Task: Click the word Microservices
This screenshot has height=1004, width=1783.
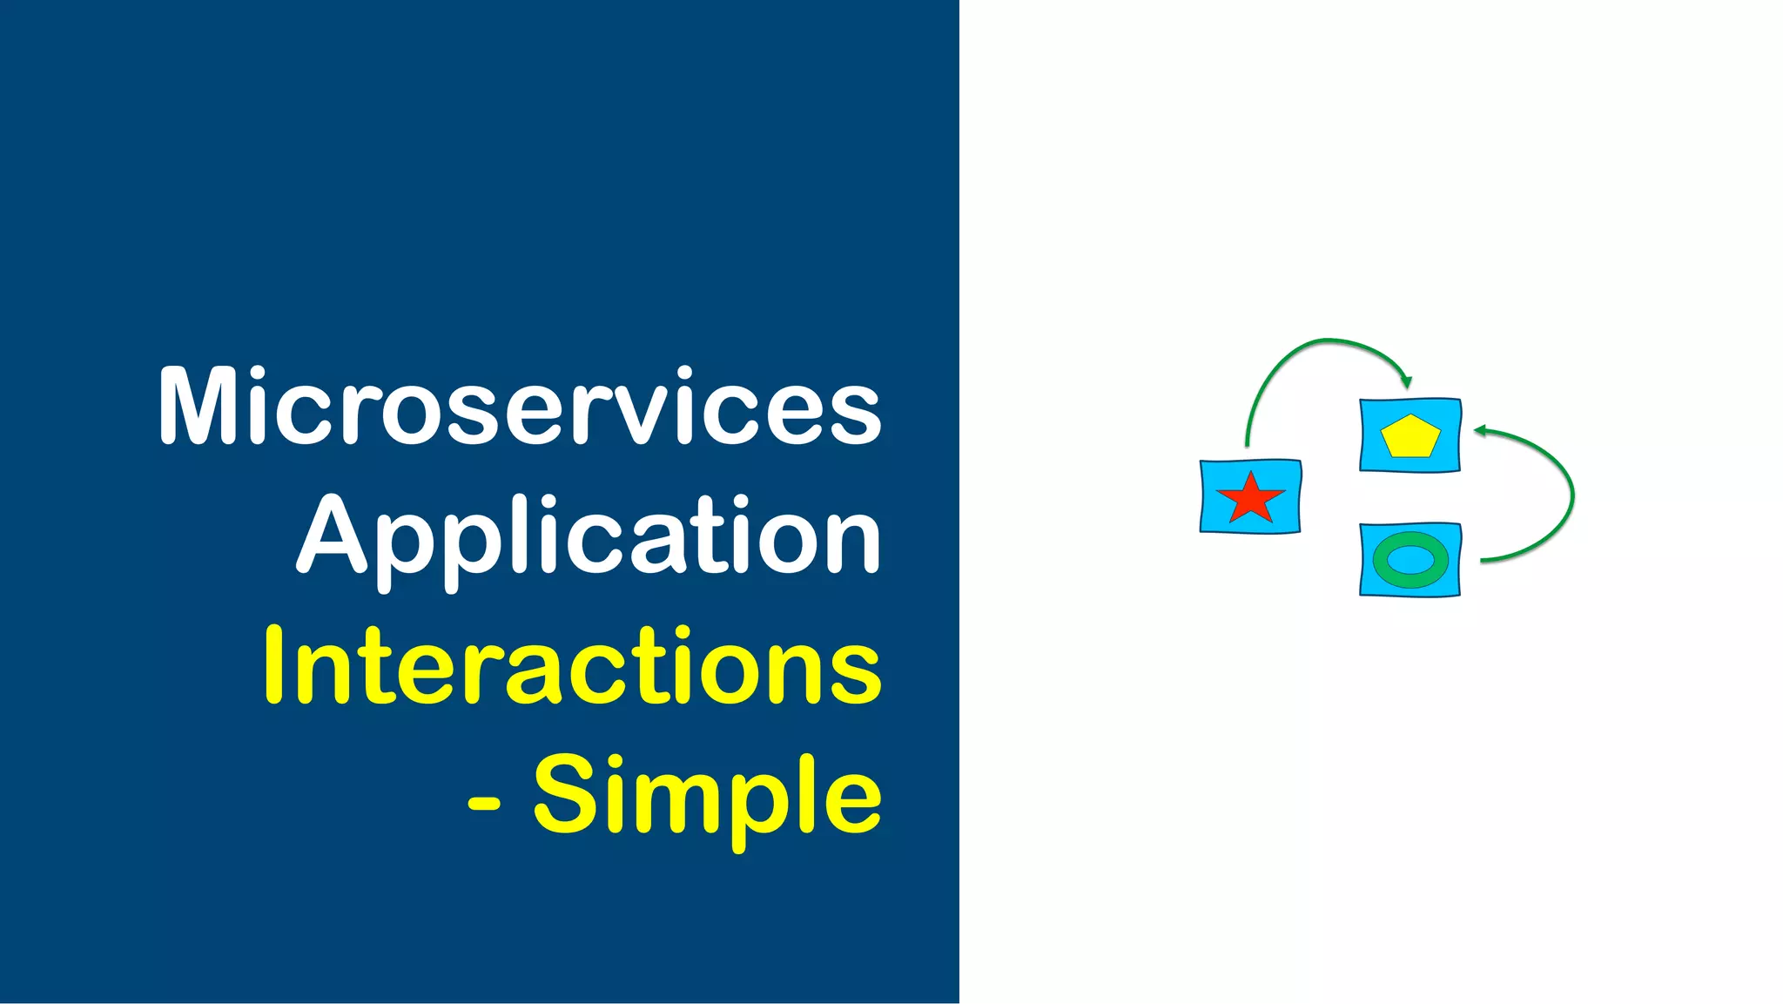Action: click(520, 407)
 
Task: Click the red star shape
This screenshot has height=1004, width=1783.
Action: click(1250, 498)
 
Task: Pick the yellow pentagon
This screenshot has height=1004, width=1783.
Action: click(1410, 436)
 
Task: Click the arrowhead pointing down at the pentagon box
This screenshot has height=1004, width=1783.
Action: click(1405, 381)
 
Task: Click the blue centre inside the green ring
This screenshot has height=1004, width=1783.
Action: click(1410, 560)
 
